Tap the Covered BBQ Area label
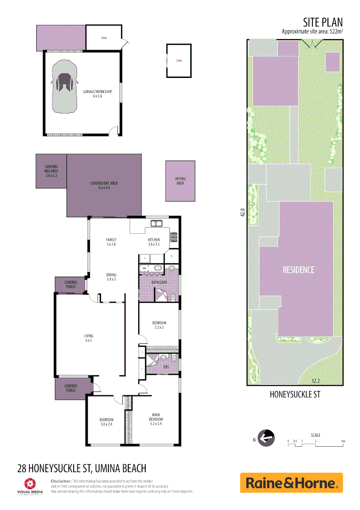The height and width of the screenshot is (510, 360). (51, 171)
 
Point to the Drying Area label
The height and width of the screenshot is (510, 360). (180, 181)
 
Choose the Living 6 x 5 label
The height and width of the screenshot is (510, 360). (89, 338)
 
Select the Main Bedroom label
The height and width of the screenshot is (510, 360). (156, 417)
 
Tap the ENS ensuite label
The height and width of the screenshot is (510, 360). (166, 366)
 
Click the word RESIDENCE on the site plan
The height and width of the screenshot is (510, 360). (298, 270)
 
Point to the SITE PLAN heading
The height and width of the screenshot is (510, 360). (322, 22)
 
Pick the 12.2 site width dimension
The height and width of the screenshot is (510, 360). (317, 381)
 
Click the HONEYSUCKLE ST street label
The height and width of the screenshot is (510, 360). (294, 394)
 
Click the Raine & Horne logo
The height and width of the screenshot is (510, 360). (291, 483)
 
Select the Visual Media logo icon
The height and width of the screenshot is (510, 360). (30, 483)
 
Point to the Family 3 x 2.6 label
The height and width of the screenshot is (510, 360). (111, 242)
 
